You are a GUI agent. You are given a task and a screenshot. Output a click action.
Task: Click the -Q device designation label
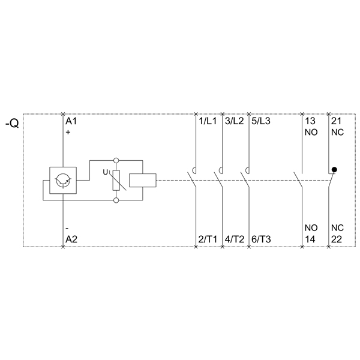pyautogui.click(x=12, y=124)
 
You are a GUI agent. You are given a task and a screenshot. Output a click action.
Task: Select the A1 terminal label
pyautogui.click(x=71, y=121)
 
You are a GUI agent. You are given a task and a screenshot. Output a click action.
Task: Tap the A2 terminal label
pyautogui.click(x=71, y=239)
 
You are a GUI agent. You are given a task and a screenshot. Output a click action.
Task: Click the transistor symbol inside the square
pyautogui.click(x=63, y=180)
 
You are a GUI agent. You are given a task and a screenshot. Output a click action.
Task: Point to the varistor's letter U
pyautogui.click(x=106, y=172)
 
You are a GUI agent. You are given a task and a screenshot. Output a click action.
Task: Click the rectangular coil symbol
pyautogui.click(x=143, y=180)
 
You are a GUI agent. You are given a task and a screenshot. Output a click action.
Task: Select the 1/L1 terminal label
pyautogui.click(x=208, y=121)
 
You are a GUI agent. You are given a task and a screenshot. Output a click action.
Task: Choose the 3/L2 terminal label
pyautogui.click(x=235, y=121)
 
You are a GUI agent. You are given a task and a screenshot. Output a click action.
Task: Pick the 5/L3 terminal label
pyautogui.click(x=261, y=121)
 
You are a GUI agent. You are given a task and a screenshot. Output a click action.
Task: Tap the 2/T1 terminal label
pyautogui.click(x=208, y=239)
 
